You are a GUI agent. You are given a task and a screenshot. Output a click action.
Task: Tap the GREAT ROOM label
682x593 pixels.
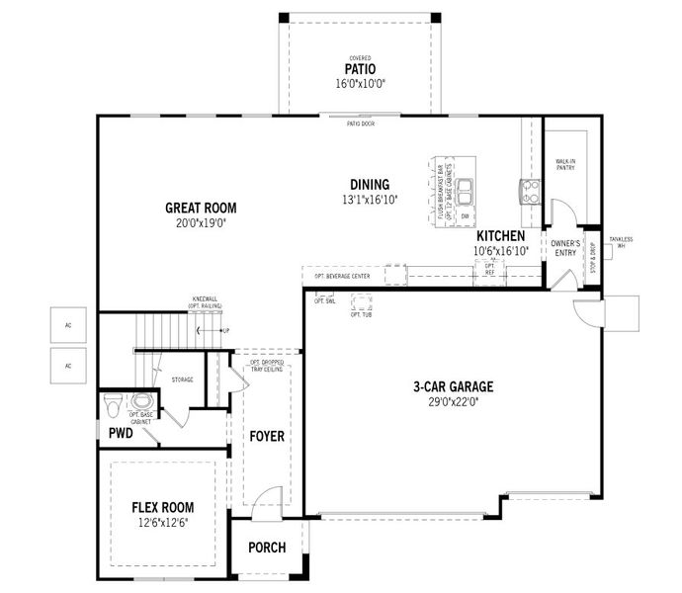coord(201,208)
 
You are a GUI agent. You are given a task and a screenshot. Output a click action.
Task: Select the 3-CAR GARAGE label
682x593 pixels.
coord(453,386)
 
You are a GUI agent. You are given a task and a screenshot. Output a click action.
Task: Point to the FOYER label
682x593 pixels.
coord(266,436)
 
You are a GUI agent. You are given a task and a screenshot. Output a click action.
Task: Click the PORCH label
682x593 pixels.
coord(267,548)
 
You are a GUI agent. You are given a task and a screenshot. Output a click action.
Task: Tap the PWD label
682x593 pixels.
coord(121,433)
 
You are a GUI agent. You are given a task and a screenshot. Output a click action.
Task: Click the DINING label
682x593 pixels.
coord(370,185)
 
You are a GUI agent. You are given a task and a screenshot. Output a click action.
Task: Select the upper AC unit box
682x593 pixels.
coord(68,324)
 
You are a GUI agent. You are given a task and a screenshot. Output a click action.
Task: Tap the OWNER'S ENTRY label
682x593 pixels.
coord(564,247)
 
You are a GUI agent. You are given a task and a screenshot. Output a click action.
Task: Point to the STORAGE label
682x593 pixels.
coord(182,380)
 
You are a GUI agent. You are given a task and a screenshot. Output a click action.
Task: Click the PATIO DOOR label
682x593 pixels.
coord(359,123)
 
